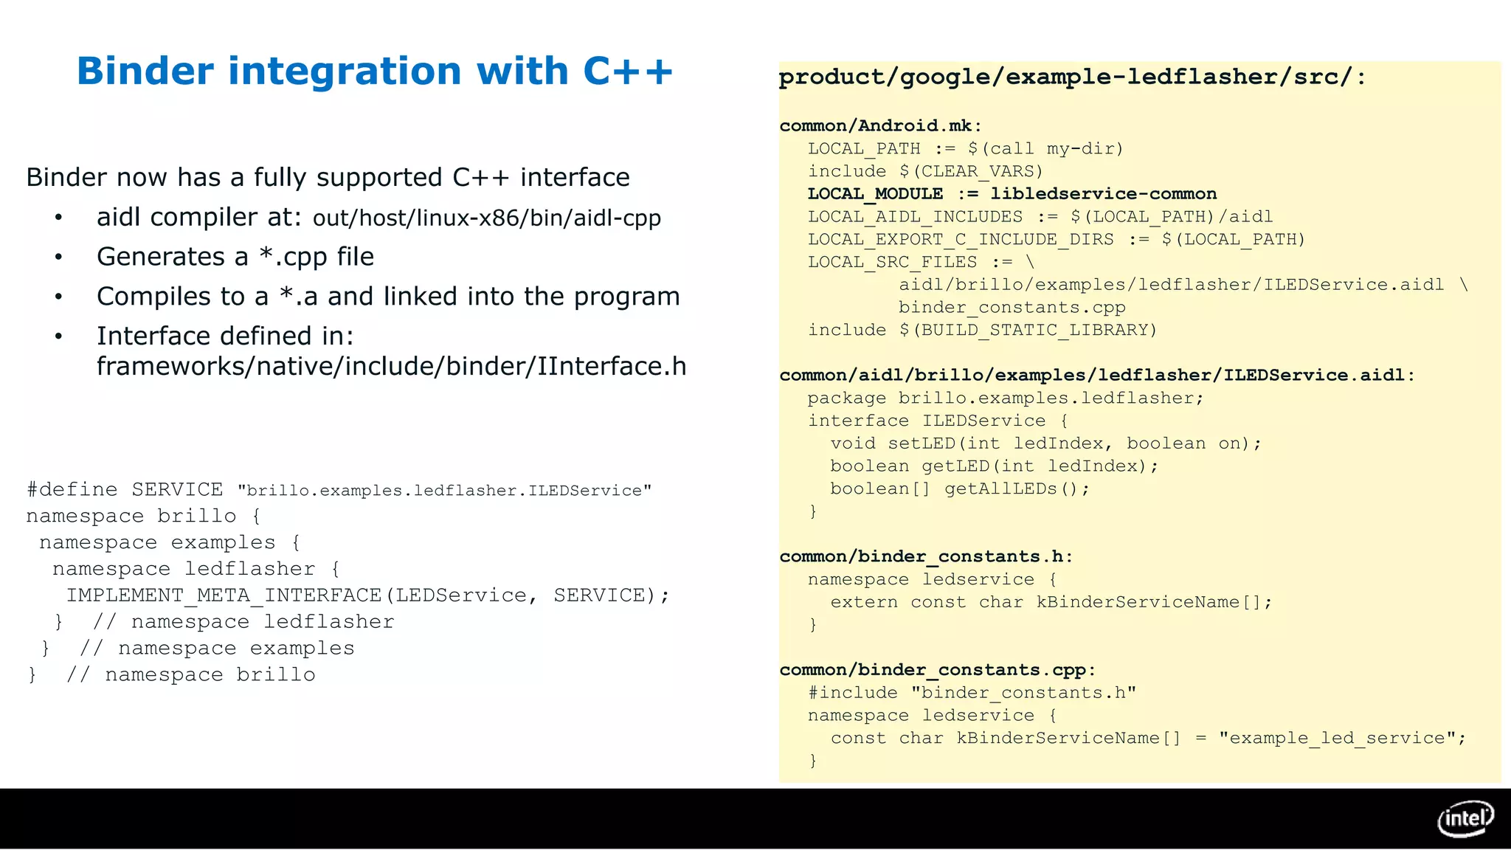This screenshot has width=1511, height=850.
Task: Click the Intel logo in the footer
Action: (x=1465, y=818)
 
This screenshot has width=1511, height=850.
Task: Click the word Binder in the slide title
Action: (x=147, y=72)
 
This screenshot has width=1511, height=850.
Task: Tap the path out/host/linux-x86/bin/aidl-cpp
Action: (x=486, y=218)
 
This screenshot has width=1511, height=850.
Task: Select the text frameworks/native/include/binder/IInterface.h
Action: (x=391, y=367)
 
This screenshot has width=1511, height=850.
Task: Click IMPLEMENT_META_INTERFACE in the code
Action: (x=224, y=595)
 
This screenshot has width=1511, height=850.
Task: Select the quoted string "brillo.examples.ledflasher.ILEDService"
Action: (x=445, y=491)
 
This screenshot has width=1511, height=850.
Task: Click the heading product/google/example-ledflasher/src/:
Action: (x=1072, y=77)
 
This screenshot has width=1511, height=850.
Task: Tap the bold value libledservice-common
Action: (x=1103, y=194)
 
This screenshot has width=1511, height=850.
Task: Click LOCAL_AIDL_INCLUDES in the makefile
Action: (x=915, y=217)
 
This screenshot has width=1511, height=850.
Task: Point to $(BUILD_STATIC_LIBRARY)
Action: (x=1028, y=330)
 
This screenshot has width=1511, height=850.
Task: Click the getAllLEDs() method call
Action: (x=1017, y=488)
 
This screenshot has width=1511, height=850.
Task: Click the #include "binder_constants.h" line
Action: (x=972, y=693)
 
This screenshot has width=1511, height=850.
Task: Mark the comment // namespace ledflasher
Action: (x=243, y=622)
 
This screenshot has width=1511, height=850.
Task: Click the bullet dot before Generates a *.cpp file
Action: (x=58, y=258)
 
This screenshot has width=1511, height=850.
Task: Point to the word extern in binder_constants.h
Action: (x=864, y=602)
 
